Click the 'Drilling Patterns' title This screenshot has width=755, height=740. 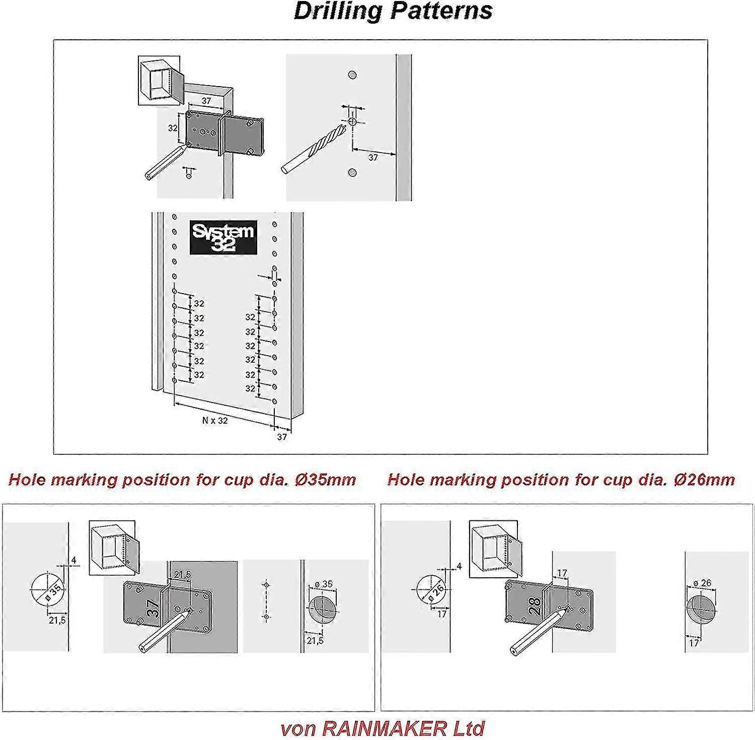393,11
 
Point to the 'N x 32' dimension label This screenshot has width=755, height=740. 215,420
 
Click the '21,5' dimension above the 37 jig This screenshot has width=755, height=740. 183,574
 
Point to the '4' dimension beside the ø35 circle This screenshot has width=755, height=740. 73,560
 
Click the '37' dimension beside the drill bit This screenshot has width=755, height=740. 373,158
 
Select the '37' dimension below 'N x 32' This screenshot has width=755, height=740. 282,437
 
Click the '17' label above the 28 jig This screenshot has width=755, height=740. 562,573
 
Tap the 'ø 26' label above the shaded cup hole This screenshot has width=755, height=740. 703,583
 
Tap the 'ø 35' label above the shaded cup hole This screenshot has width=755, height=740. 324,584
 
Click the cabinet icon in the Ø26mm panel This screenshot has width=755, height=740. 496,549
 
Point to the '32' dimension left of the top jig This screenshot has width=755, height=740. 173,128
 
